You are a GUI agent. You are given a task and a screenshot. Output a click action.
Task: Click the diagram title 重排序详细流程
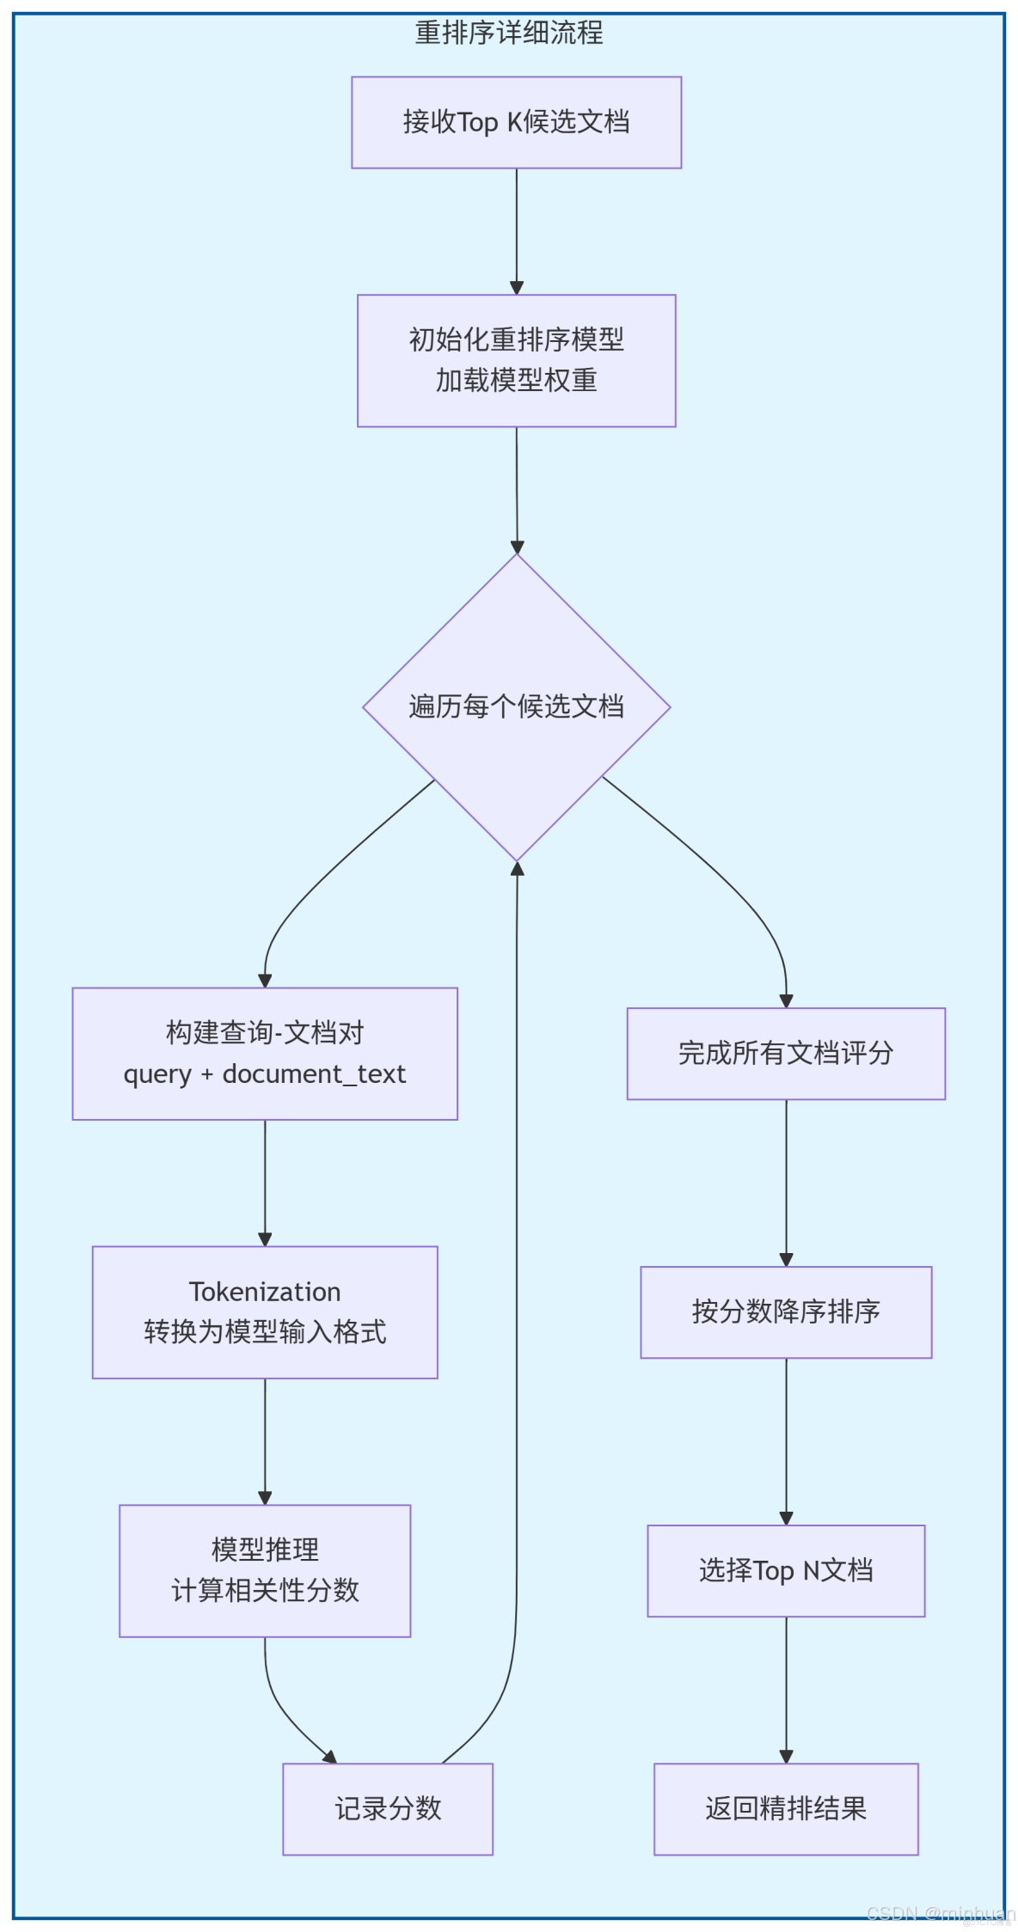click(509, 34)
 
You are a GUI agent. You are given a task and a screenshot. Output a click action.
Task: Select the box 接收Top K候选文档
click(516, 122)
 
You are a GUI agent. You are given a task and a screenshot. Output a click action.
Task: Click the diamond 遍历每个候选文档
click(516, 706)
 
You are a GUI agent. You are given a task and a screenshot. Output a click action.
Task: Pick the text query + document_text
click(265, 1074)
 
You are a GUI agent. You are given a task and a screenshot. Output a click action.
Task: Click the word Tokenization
click(265, 1292)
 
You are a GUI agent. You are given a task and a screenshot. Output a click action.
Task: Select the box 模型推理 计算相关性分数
click(265, 1570)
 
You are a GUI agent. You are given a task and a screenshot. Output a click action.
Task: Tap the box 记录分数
click(388, 1808)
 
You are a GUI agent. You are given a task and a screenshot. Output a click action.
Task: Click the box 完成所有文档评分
click(786, 1053)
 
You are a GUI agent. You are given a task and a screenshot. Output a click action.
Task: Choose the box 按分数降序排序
click(786, 1311)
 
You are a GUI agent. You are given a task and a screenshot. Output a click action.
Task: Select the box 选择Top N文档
click(786, 1570)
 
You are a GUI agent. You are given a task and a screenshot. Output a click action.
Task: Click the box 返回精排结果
click(786, 1808)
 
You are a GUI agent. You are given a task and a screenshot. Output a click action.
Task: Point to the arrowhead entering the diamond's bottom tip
click(517, 870)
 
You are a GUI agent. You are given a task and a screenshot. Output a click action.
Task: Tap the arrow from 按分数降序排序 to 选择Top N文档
click(786, 1440)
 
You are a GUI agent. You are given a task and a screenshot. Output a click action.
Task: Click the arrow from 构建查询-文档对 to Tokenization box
click(265, 1182)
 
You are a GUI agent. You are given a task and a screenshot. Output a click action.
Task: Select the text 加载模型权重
click(516, 380)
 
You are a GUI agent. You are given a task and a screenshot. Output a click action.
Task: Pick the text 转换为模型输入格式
click(265, 1332)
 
